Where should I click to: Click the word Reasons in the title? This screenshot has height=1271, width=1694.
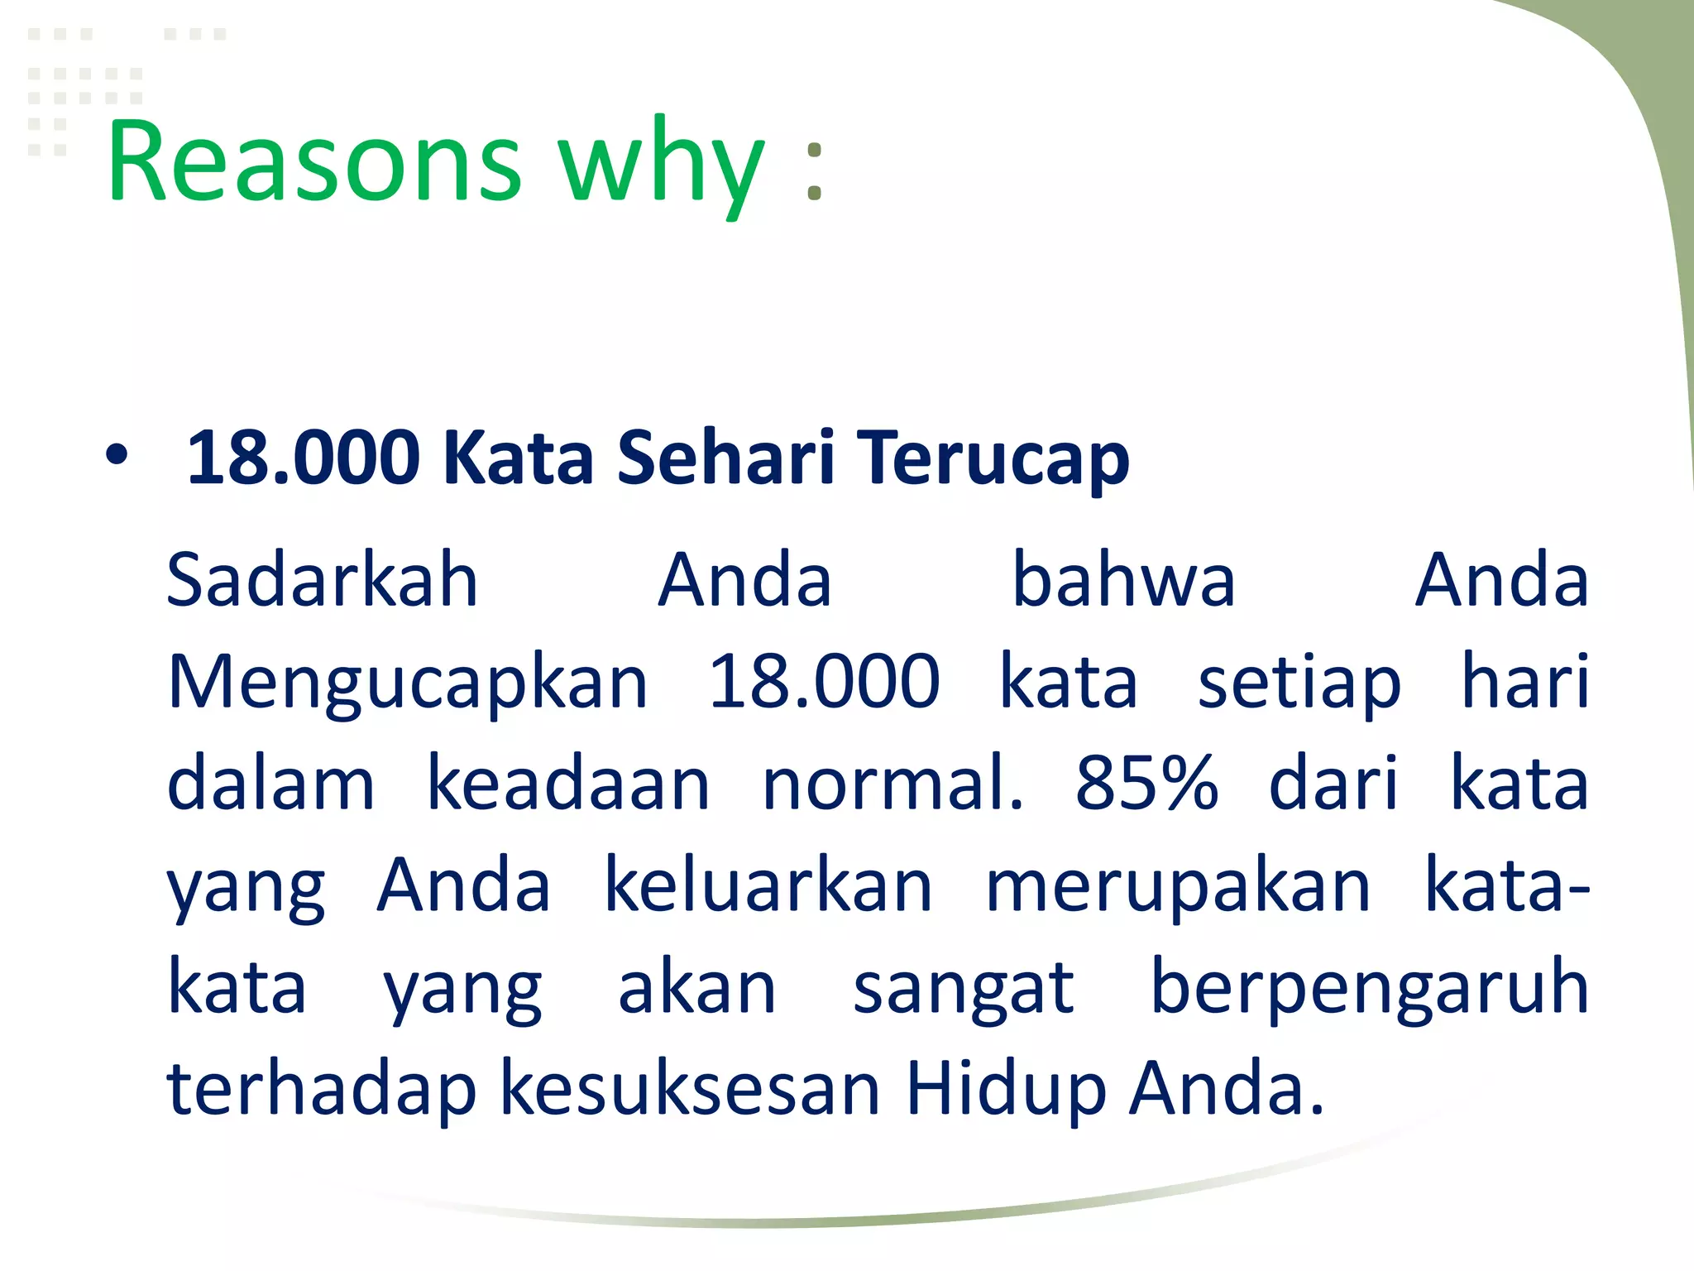314,161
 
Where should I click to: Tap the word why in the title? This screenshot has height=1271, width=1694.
662,165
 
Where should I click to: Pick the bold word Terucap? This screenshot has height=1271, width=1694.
993,459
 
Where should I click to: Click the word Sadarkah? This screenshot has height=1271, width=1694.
323,580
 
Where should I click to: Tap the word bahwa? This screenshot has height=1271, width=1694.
1123,580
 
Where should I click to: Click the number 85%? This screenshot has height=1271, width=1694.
1146,784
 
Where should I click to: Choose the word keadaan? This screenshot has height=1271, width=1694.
567,784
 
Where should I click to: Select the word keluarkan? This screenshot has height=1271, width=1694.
768,886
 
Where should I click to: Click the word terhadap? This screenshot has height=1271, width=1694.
322,1091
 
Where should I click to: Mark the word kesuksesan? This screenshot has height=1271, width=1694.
691,1091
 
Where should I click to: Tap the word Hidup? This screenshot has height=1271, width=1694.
1006,1091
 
